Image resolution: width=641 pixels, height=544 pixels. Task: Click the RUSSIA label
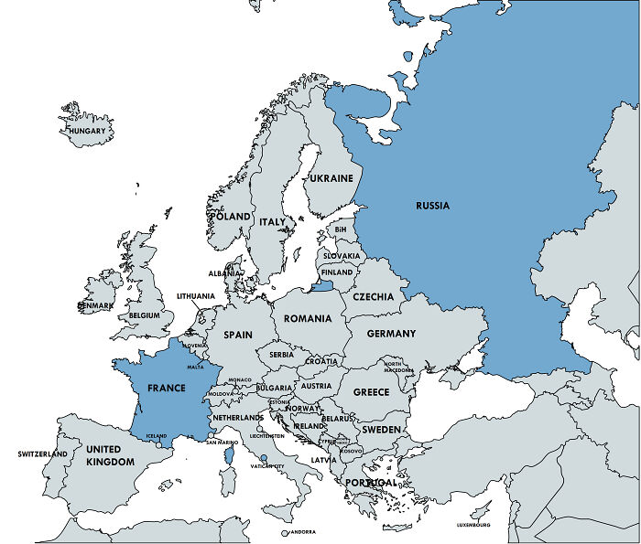(x=432, y=206)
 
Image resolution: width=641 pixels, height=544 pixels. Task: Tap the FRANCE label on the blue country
(x=166, y=389)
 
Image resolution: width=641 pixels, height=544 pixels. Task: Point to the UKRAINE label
(x=331, y=179)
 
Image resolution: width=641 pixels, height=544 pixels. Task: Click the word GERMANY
(x=391, y=334)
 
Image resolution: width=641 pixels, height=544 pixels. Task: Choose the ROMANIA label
(x=308, y=319)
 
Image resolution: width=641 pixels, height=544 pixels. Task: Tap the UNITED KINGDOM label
(x=110, y=455)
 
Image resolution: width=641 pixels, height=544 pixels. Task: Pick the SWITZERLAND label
(x=43, y=454)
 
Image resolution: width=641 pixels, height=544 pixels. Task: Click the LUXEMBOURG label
(x=473, y=525)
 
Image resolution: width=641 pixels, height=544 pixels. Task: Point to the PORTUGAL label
(x=371, y=482)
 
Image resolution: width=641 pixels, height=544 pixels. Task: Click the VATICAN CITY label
(x=266, y=466)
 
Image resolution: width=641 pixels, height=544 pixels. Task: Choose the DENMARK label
(x=95, y=305)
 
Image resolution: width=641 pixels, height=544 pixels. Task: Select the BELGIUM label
(x=146, y=315)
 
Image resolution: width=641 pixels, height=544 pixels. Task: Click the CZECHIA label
(x=374, y=296)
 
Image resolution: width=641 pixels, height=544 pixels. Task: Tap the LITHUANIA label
(x=196, y=296)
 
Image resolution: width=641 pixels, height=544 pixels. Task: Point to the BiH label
(x=341, y=229)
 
